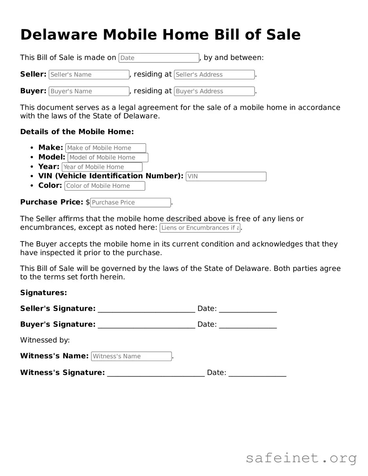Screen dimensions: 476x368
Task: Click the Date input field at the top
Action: coord(159,58)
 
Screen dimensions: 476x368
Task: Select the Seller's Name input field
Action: coord(89,75)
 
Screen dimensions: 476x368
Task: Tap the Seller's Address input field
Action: coord(214,75)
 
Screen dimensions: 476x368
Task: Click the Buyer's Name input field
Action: coord(89,91)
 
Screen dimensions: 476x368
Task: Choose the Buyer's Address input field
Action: coord(214,91)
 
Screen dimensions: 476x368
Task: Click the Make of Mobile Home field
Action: coord(105,148)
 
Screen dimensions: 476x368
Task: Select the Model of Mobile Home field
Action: coord(108,157)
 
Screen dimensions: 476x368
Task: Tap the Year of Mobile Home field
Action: coord(102,167)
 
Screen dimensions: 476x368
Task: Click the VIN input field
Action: coord(226,176)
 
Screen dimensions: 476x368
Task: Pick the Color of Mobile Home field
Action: coord(104,186)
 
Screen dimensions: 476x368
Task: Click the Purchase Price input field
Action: coord(130,203)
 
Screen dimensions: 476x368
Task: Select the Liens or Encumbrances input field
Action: coord(200,228)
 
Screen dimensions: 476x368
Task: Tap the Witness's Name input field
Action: coord(131,356)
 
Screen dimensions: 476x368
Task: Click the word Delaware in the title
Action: coord(59,35)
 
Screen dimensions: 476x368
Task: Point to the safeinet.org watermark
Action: coord(301,458)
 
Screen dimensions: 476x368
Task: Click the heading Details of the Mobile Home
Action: coord(77,132)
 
